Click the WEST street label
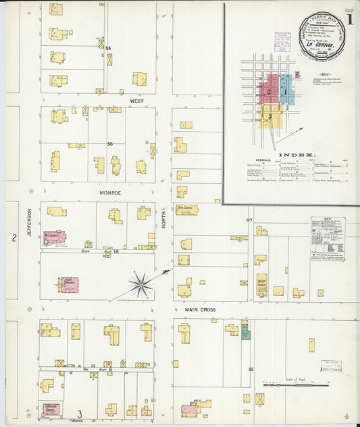(x=137, y=101)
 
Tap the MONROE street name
(x=110, y=193)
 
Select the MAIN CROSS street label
(x=201, y=309)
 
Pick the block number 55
(x=108, y=48)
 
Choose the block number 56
(x=109, y=144)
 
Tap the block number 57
(x=249, y=220)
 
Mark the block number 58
(x=250, y=369)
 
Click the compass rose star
(x=141, y=284)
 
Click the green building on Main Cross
(x=245, y=332)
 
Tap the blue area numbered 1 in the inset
(x=286, y=91)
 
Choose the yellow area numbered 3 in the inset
(x=270, y=116)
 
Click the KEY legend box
(x=328, y=238)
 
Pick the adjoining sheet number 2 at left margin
(x=14, y=237)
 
